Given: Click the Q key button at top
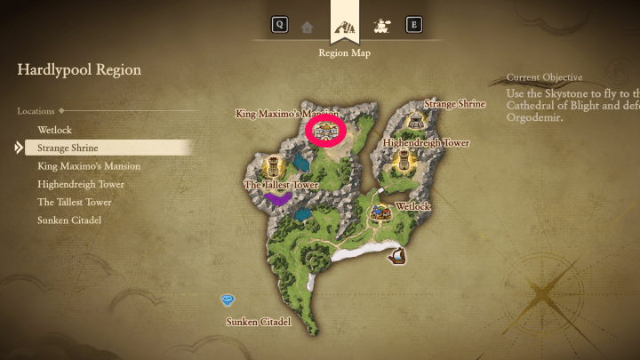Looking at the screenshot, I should [280, 25].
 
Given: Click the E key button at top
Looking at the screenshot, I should [413, 25].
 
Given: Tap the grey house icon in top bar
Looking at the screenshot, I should [307, 27].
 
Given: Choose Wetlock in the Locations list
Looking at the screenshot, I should [54, 130].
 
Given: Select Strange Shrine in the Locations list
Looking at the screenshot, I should [68, 148].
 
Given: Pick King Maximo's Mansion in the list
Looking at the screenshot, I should [89, 166].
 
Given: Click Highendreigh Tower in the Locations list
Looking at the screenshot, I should [81, 184].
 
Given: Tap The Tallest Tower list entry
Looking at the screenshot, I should [75, 202].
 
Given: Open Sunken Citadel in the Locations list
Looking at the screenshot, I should [68, 220].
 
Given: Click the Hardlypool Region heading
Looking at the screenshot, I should [79, 69].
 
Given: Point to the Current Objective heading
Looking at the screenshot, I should [544, 77].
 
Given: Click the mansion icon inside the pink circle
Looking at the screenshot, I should [325, 132].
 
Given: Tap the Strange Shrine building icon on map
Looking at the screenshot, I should [415, 122].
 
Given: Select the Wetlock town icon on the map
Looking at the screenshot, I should [381, 212].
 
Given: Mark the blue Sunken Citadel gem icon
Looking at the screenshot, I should [228, 300].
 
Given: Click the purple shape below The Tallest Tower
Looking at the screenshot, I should [277, 198].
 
